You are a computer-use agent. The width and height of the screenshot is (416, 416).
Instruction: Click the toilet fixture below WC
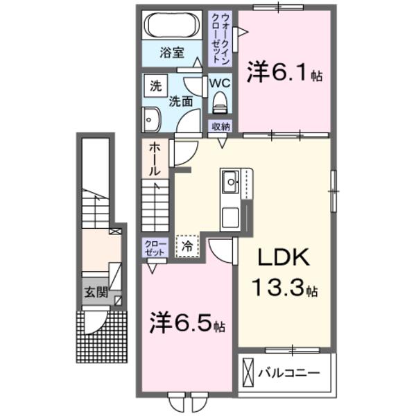point(220,103)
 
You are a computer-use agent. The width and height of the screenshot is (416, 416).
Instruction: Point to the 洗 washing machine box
point(155,87)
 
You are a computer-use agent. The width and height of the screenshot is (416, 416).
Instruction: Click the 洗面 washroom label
point(181,101)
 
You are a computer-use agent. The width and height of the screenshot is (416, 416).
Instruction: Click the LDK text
point(284,259)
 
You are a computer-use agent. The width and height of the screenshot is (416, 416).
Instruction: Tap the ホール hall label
point(154,159)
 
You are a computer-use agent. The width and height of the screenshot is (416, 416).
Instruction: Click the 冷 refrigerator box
point(187,245)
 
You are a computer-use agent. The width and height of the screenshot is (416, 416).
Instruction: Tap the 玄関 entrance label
point(96,293)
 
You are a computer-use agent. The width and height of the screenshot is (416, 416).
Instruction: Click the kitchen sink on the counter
point(230,183)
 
